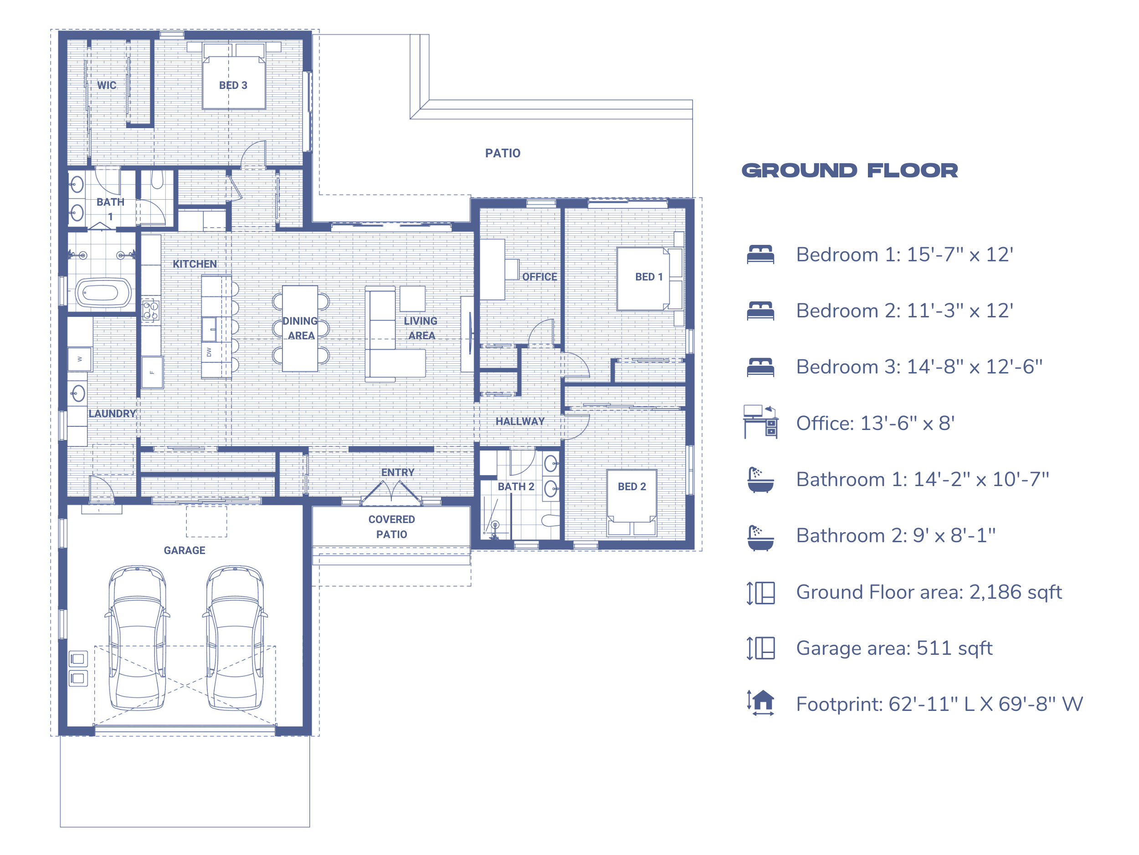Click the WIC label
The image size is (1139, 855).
click(x=107, y=85)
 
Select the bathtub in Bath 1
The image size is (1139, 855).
click(x=103, y=293)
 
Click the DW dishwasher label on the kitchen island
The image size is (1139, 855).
click(x=209, y=352)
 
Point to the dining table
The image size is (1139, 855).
click(x=300, y=328)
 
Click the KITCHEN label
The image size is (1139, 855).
click(x=195, y=264)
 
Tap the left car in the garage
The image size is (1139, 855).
click(x=138, y=638)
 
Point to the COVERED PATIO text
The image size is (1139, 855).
click(x=391, y=527)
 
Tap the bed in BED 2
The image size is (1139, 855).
click(x=632, y=503)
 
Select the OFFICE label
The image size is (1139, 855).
click(x=539, y=277)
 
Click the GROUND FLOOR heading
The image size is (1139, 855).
click(x=850, y=171)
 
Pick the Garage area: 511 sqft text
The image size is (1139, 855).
click(x=894, y=648)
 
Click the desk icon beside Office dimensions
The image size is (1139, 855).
click(x=760, y=422)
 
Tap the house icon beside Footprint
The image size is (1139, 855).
click(x=761, y=703)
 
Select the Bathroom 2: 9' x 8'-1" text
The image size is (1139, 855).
click(x=895, y=535)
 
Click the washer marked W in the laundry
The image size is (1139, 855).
click(x=80, y=359)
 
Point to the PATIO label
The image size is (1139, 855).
click(x=503, y=153)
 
